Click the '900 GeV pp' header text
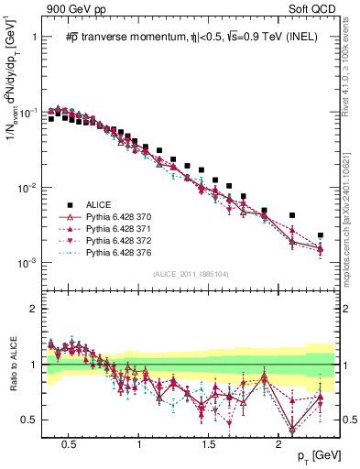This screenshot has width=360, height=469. [71, 9]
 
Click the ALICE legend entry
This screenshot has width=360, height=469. [99, 205]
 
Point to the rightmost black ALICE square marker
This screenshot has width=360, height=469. [320, 235]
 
